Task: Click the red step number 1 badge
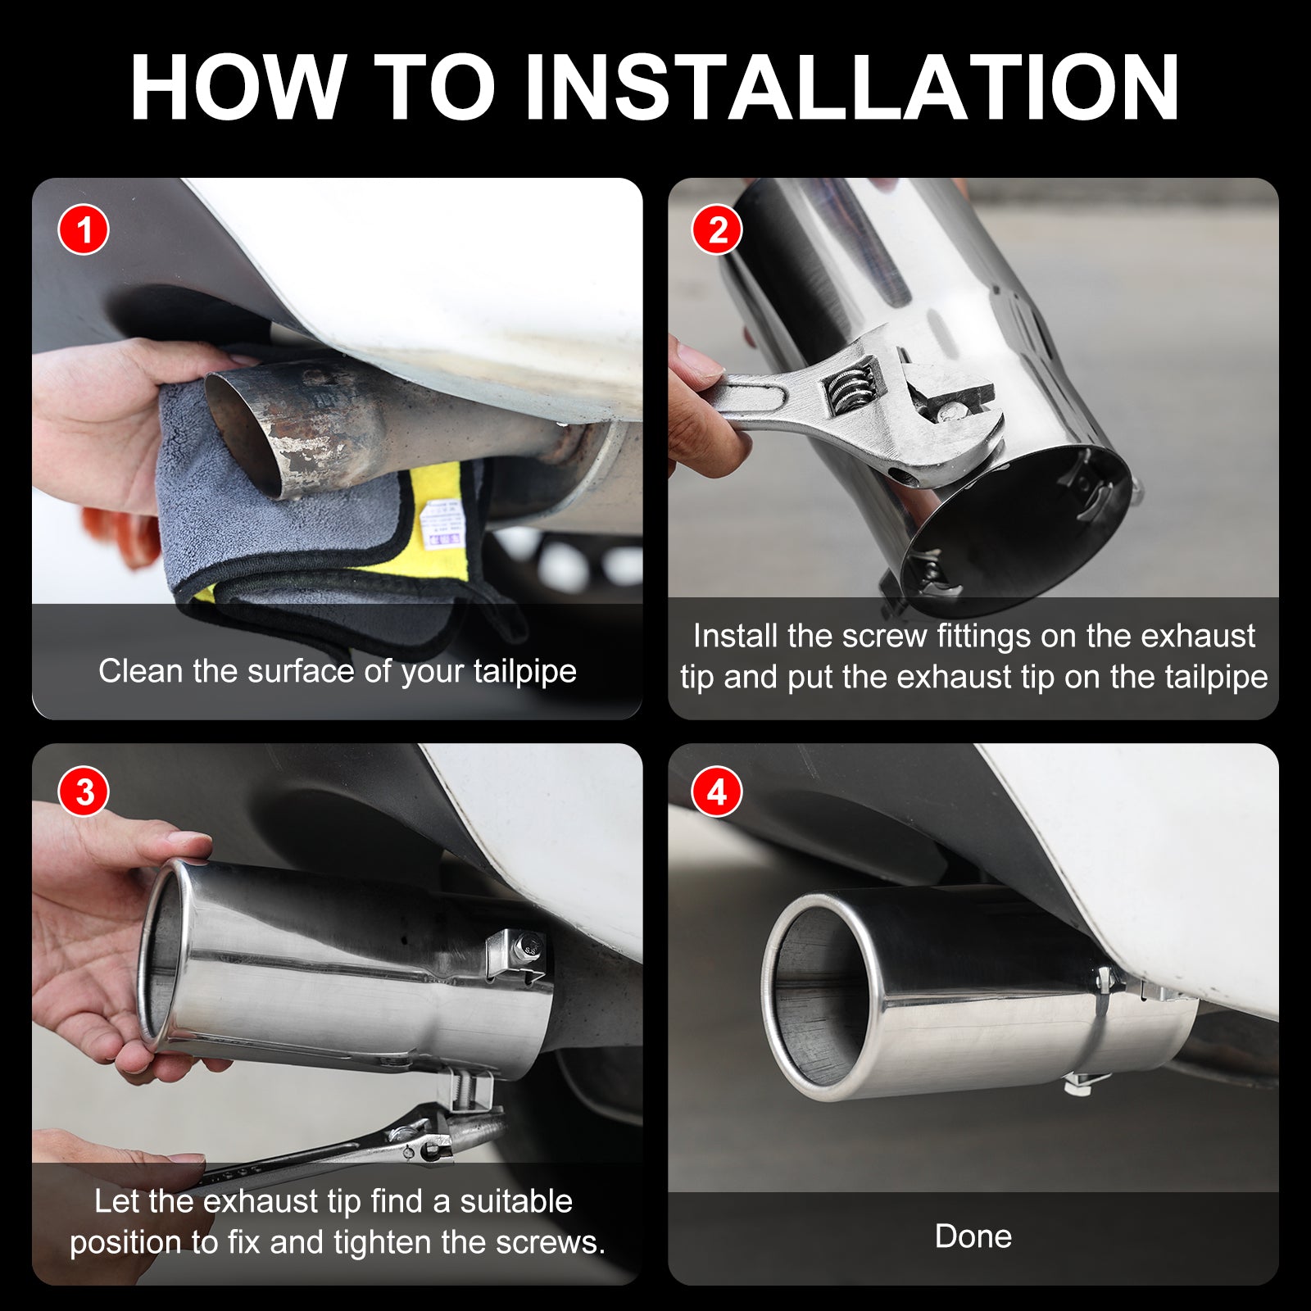click(x=84, y=229)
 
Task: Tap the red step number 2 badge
click(x=717, y=229)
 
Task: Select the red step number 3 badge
click(x=84, y=792)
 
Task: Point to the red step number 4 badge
click(x=717, y=792)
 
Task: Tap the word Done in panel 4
click(x=973, y=1236)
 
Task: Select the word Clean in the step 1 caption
click(x=141, y=671)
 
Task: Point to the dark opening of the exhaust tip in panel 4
click(x=819, y=996)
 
